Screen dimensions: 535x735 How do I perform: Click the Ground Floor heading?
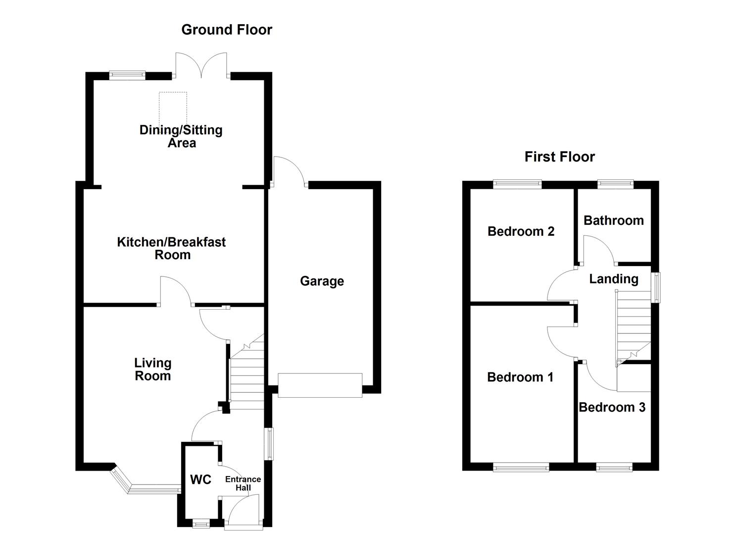[x=227, y=30]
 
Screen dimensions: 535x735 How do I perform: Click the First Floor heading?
[x=559, y=157]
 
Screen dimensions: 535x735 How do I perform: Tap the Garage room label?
[x=322, y=281]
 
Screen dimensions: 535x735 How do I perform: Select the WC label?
[x=200, y=480]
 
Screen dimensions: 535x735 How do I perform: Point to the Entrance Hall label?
[x=243, y=483]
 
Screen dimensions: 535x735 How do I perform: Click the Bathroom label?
[x=613, y=220]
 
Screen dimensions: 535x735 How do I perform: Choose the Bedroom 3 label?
[x=612, y=407]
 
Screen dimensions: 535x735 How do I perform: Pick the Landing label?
[x=613, y=279]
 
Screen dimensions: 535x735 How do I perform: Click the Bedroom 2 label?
[x=521, y=231]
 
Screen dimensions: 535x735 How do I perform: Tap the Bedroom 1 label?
[x=520, y=377]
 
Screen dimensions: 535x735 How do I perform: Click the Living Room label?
[x=153, y=370]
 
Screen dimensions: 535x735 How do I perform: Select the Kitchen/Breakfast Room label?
[x=171, y=248]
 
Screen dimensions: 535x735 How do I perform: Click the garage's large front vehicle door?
[x=320, y=385]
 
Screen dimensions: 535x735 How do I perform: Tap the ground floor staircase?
[x=246, y=376]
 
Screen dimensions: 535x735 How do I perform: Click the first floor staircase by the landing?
[x=633, y=327]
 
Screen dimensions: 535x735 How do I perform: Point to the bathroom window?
[x=615, y=184]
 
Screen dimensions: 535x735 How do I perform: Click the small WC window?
[x=200, y=523]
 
